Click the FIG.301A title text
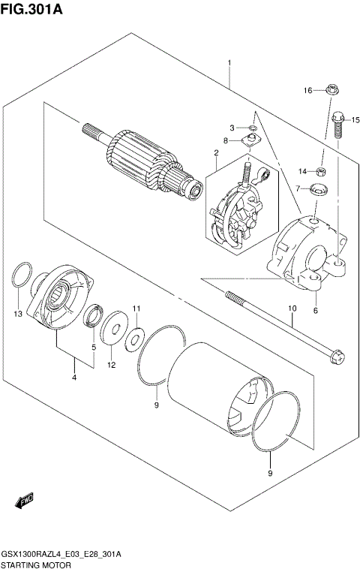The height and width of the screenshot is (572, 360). pyautogui.click(x=31, y=10)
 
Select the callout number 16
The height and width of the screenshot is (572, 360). pyautogui.click(x=307, y=91)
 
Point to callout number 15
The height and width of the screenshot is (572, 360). pyautogui.click(x=355, y=119)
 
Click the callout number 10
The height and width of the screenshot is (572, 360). pyautogui.click(x=292, y=308)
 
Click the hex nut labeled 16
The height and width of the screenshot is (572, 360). pyautogui.click(x=331, y=90)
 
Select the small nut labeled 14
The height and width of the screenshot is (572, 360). pyautogui.click(x=321, y=170)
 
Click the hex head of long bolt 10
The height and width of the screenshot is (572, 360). pyautogui.click(x=337, y=355)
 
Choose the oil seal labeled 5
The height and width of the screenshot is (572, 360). pyautogui.click(x=92, y=317)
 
